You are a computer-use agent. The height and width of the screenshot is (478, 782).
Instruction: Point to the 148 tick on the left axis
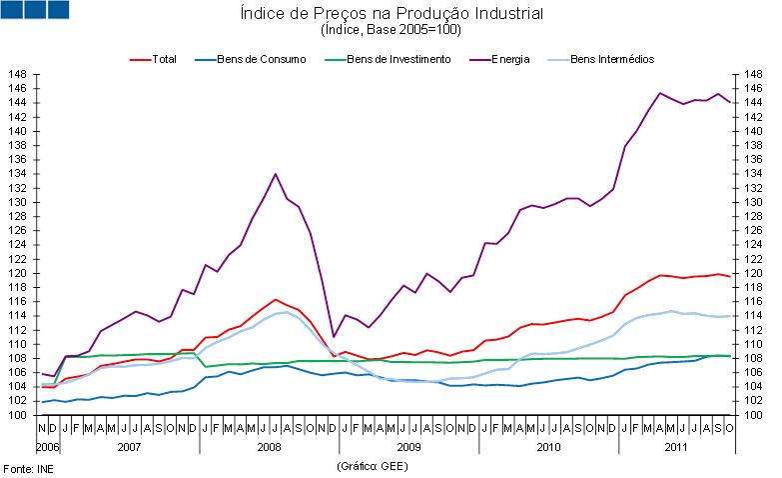tap(18, 74)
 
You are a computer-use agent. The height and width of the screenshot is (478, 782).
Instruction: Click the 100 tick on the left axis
tap(18, 415)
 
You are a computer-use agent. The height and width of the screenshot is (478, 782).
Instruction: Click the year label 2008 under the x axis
tap(269, 445)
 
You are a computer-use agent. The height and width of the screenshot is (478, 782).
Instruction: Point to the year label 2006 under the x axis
tap(47, 445)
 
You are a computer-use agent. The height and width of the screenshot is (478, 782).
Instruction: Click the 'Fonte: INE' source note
tap(28, 467)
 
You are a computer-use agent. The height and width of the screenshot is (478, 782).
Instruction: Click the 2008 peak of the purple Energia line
tap(276, 174)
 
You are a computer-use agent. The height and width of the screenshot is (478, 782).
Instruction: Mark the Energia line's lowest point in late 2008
tap(334, 336)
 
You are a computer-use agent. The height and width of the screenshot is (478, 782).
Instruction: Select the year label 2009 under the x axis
tap(409, 445)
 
